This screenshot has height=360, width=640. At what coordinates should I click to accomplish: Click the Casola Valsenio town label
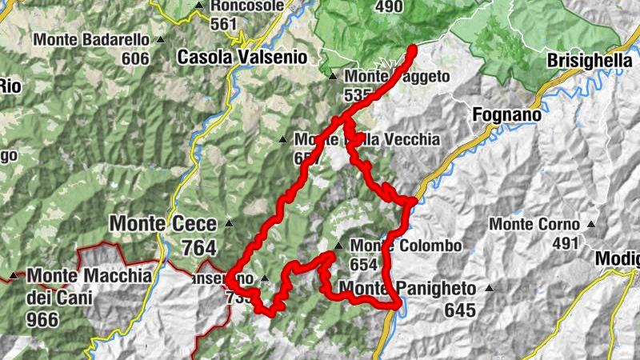242,58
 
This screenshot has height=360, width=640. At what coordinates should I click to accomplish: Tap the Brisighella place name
590,60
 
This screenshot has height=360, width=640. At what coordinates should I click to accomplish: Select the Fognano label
506,114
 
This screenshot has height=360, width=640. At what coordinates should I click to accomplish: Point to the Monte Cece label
165,224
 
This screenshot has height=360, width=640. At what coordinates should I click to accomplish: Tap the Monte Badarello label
91,39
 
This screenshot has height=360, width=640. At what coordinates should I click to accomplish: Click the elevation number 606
136,58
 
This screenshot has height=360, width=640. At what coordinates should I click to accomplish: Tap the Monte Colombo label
406,246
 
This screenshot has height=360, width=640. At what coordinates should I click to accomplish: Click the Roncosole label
248,6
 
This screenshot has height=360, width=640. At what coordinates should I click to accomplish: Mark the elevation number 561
224,24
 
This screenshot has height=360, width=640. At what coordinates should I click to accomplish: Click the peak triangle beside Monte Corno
591,225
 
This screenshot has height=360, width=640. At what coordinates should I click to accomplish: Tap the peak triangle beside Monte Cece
229,223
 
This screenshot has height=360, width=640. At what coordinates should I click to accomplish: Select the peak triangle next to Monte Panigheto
489,288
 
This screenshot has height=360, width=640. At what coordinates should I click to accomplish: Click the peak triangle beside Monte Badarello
160,39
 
